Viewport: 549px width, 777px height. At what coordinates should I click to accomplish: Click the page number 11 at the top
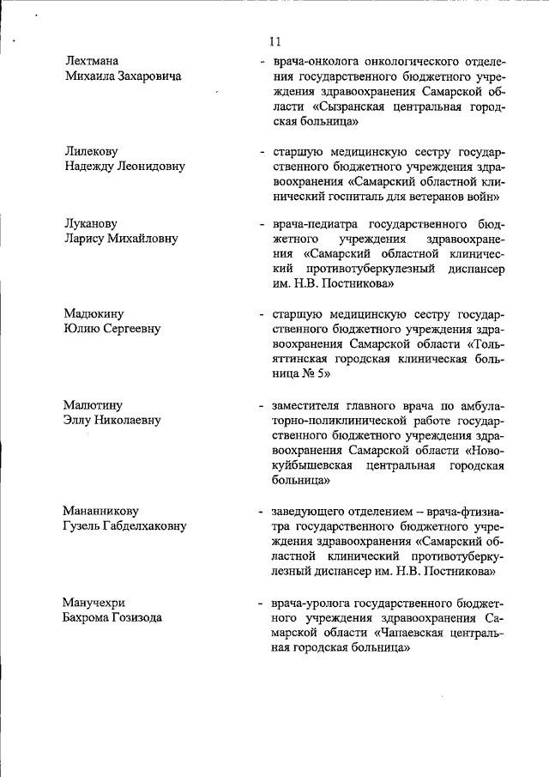coord(274,41)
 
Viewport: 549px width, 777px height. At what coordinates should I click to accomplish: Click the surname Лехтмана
coord(93,61)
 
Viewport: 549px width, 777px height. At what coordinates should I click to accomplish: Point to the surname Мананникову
coord(101,511)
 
